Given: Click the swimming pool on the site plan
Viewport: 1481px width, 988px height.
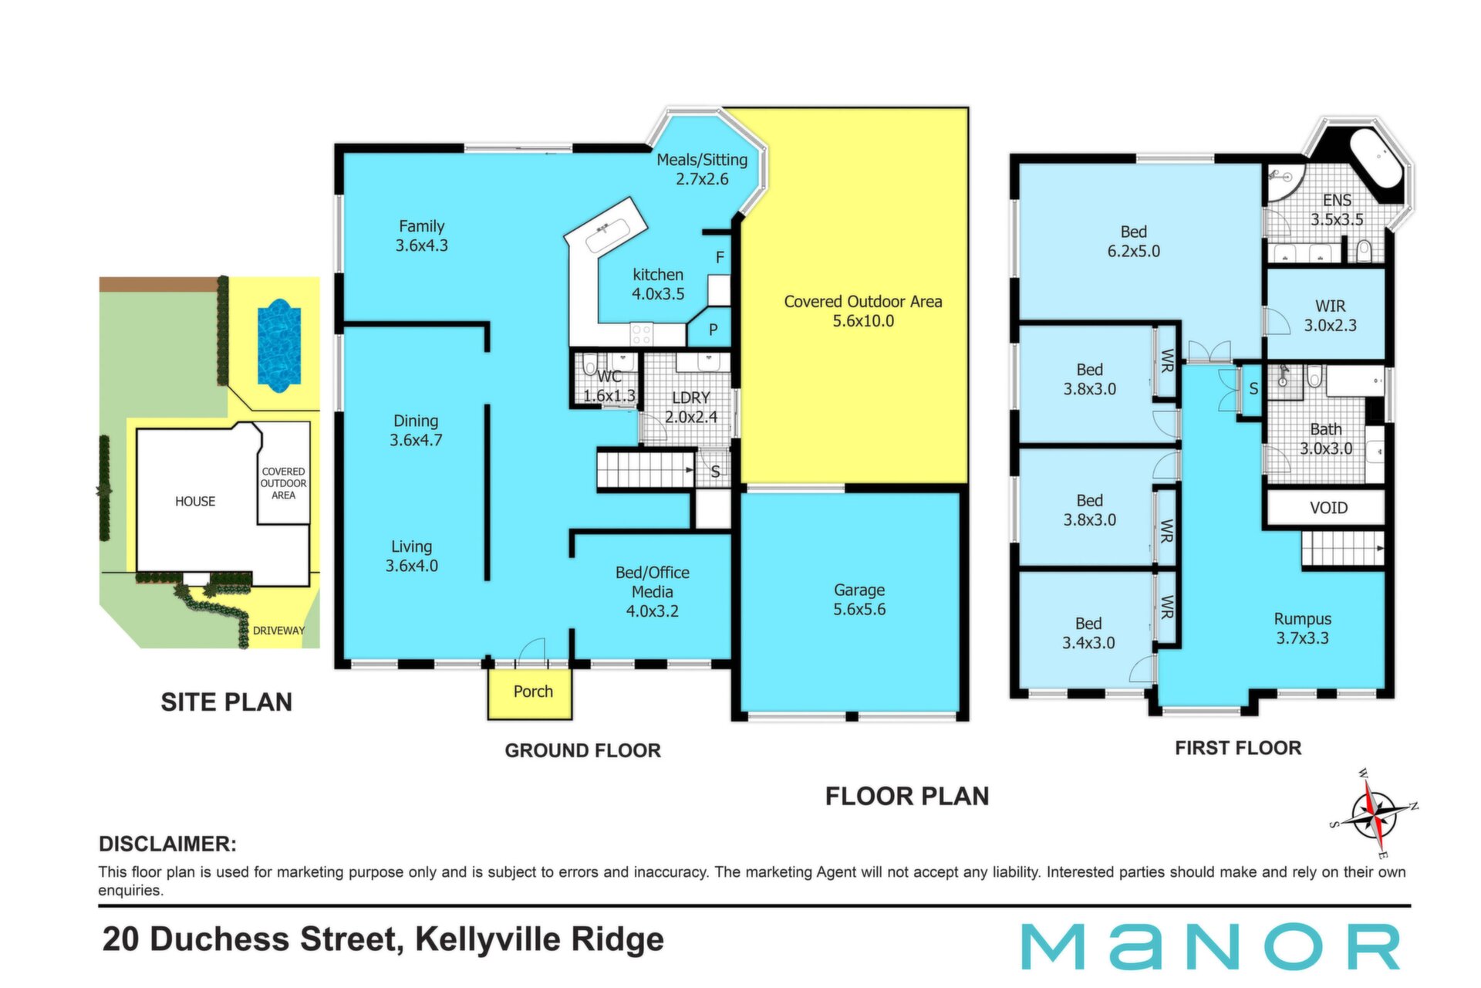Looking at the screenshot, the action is pos(278,345).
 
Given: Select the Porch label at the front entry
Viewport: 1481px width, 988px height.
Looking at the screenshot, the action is pos(533,692).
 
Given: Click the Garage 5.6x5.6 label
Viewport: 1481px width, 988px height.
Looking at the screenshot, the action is pos(859,600).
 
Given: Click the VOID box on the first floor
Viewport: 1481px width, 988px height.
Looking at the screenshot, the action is pos(1328,508).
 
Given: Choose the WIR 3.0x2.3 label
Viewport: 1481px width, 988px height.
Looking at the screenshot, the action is pos(1331,316).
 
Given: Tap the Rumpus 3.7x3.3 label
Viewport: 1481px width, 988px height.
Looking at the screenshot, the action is pos(1302,628).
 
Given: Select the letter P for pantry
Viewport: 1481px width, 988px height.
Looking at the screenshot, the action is pos(714,330).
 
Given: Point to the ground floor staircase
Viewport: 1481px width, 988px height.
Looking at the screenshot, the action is pos(646,469).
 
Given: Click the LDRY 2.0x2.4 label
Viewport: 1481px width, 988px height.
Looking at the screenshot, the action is pos(691,407).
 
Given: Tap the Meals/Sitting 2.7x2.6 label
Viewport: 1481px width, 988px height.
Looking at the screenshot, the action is pos(702,169).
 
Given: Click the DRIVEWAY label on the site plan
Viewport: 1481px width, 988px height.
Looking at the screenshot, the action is pos(278,631).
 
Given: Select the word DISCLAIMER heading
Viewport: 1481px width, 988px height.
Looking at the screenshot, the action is pos(167,844).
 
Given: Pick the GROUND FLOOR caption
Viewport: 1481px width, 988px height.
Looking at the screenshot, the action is pos(583,750).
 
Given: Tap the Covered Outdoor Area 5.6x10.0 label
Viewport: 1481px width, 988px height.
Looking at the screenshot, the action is pos(863,311).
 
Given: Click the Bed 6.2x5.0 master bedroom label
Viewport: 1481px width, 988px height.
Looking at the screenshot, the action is pos(1134,241).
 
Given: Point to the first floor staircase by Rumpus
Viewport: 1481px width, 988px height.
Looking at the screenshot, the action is pos(1343,549).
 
